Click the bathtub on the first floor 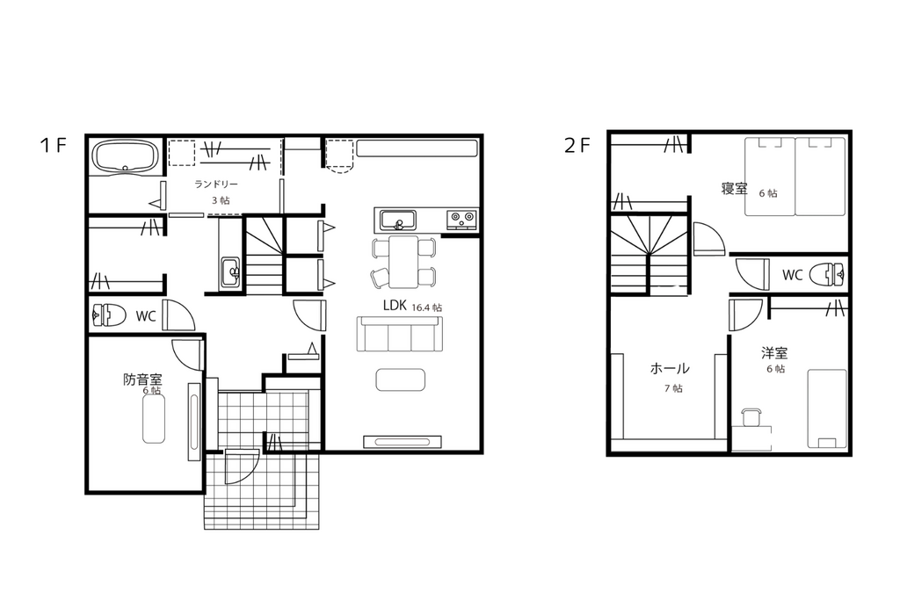tap(126, 155)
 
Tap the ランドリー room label tap(216, 184)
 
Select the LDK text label tap(395, 306)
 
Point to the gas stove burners tap(462, 218)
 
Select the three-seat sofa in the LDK tap(400, 333)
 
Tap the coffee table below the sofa tap(401, 380)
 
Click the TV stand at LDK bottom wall tap(403, 441)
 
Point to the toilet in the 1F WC tap(109, 314)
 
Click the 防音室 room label tap(143, 380)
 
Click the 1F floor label tap(53, 145)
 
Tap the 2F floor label tap(577, 145)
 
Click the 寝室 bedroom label tap(734, 188)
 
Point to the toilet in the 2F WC tap(827, 274)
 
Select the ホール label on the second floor tap(669, 368)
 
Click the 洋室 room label tap(774, 353)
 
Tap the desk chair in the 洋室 tap(751, 417)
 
